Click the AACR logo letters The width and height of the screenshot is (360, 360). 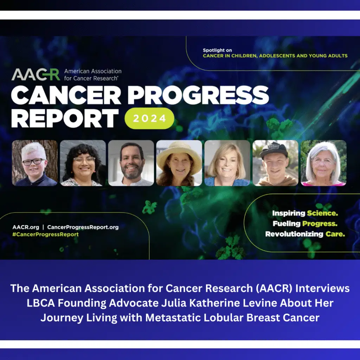point(36,75)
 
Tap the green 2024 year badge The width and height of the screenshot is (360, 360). point(149,118)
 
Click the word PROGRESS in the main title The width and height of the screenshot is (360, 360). point(198,95)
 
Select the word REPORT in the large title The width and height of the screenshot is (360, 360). point(65,118)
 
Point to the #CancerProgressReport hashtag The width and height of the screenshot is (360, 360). point(45,234)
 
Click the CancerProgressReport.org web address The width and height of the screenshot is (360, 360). point(83,227)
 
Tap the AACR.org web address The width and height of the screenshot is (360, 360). point(26,227)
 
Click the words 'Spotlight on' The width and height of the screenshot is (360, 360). point(217,50)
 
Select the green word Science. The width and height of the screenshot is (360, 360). point(322,213)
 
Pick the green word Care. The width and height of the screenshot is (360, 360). point(335,234)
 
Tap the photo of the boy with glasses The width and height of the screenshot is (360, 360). point(35,163)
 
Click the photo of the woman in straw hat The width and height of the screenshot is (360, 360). point(179,163)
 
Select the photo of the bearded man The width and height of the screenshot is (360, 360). point(131,163)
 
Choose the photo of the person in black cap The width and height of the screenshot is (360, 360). point(275,163)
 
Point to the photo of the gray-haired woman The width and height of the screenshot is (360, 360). point(323,163)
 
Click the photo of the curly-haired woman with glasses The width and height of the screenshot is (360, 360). point(83,163)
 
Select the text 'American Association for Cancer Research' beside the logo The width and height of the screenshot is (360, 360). point(93,75)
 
